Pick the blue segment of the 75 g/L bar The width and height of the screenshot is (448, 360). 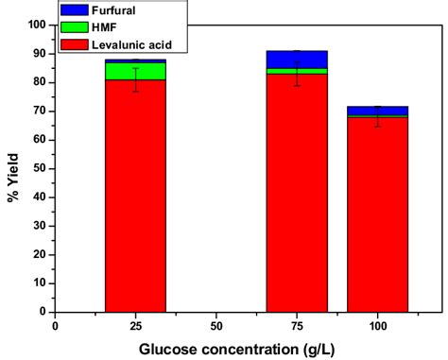coord(297,59)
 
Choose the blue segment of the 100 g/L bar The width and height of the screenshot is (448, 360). coord(377,111)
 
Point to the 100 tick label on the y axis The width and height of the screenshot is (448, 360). coord(38,25)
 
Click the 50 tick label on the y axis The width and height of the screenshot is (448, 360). coord(41,168)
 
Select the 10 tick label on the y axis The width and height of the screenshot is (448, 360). coord(41,283)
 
